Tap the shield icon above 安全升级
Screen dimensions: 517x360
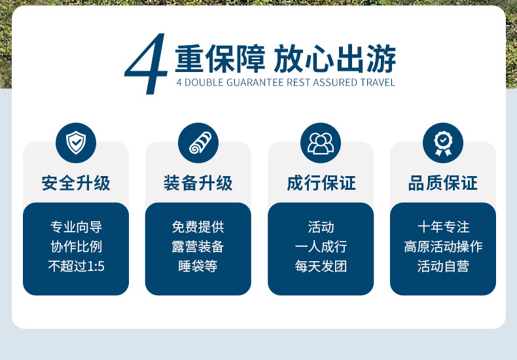[x=76, y=143]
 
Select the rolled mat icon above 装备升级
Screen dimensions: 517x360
[x=198, y=143]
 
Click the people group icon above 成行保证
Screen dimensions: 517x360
[x=321, y=143]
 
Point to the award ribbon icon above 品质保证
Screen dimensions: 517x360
[x=443, y=143]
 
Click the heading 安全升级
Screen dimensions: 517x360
[x=76, y=183]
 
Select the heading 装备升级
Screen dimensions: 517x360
[x=198, y=183]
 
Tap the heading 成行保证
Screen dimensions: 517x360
[x=321, y=183]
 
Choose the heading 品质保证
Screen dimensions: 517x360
[x=443, y=183]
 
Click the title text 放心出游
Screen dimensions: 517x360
[x=335, y=59]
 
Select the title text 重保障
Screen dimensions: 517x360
[x=220, y=59]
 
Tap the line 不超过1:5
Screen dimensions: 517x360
[x=76, y=266]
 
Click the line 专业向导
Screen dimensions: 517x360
[x=76, y=227]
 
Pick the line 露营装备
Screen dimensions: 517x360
[x=198, y=247]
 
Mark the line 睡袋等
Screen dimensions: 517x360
[x=198, y=266]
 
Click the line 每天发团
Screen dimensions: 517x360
[x=321, y=266]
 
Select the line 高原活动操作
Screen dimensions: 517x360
[x=443, y=247]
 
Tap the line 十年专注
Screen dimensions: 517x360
[x=443, y=227]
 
